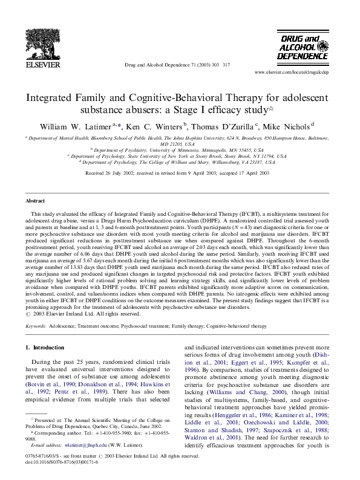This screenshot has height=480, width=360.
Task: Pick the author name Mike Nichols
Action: click(287, 126)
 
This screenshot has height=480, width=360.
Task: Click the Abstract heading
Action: click(34, 200)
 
